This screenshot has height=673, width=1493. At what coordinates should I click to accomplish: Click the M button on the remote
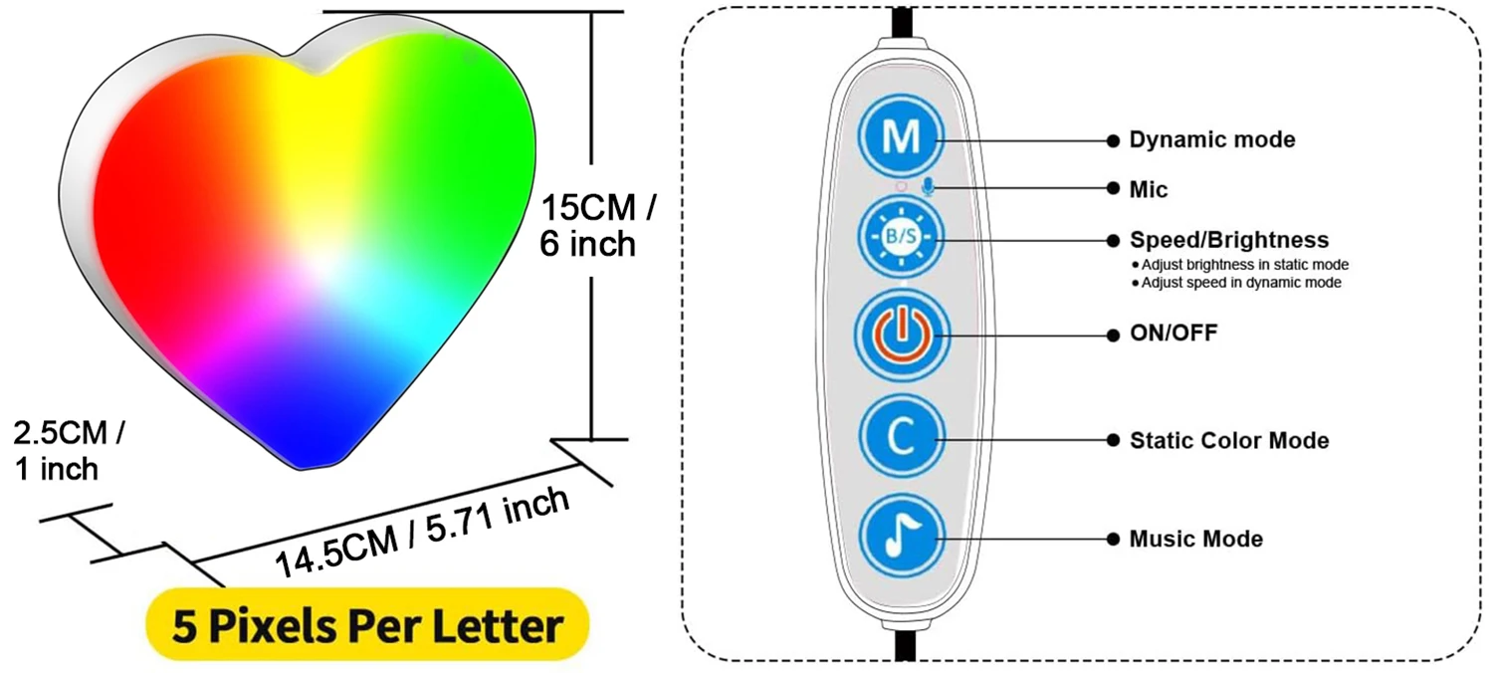click(x=902, y=136)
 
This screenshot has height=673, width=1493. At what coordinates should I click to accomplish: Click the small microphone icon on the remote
click(x=928, y=186)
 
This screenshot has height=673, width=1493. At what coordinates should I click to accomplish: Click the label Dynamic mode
click(x=1211, y=140)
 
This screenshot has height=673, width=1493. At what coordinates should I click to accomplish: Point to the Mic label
click(x=1149, y=189)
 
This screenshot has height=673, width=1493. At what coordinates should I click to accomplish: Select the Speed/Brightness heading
click(x=1228, y=240)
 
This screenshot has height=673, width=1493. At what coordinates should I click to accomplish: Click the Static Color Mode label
click(x=1228, y=440)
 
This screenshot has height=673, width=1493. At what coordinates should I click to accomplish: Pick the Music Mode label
click(x=1195, y=539)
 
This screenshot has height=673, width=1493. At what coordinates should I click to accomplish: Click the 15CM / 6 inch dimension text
click(x=597, y=227)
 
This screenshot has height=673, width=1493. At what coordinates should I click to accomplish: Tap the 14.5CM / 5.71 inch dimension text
click(x=423, y=532)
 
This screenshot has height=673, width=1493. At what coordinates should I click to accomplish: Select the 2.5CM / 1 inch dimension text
click(x=70, y=451)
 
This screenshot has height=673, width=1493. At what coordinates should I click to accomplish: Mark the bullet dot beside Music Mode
click(x=1113, y=539)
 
